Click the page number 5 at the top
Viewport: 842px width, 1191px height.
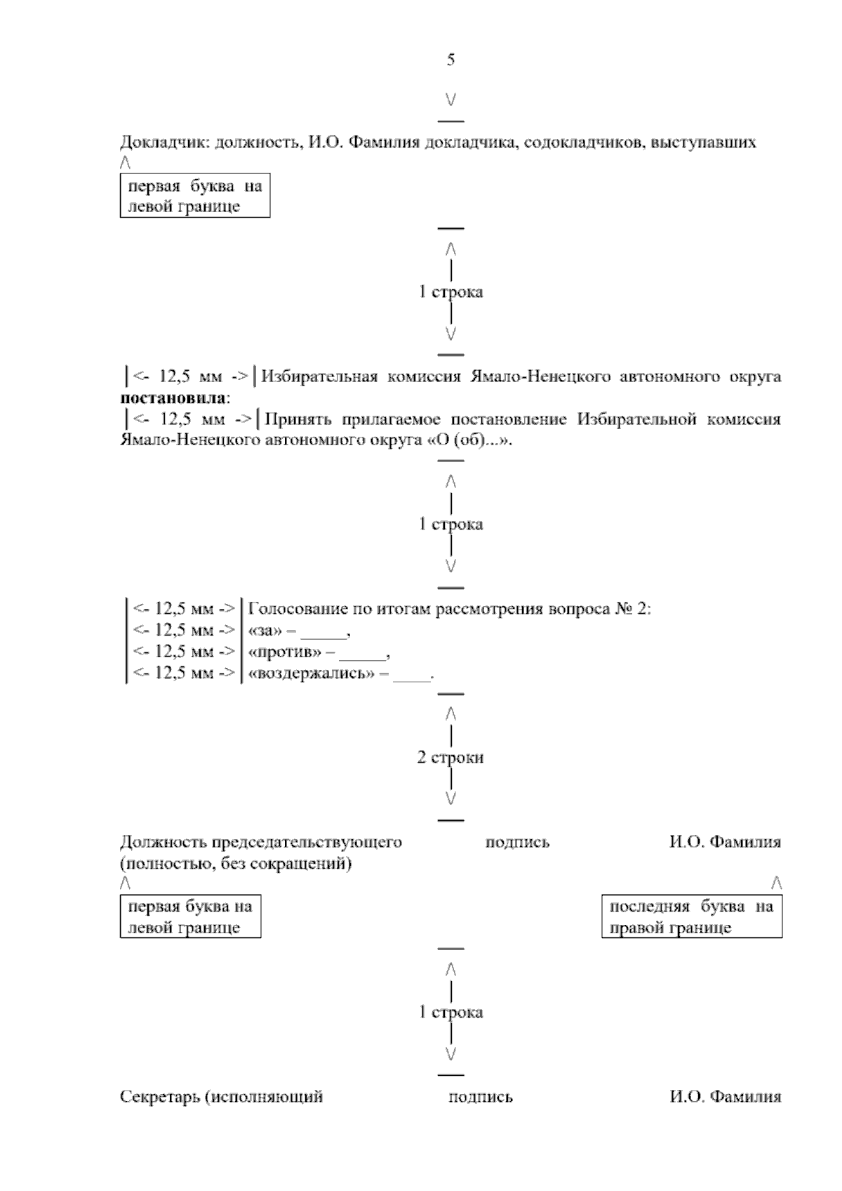pos(450,60)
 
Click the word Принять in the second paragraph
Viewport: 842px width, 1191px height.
pos(300,420)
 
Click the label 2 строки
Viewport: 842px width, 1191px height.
pos(450,758)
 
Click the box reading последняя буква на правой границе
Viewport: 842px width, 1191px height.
pos(692,916)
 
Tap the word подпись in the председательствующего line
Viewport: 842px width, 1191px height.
pos(517,842)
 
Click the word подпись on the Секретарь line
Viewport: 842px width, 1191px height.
pos(481,1097)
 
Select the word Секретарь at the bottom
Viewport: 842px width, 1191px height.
pos(160,1097)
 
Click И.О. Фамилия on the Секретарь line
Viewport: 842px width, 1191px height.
pos(725,1097)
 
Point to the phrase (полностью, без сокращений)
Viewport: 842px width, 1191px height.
pos(236,864)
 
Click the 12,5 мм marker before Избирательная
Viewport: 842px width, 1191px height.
pos(190,377)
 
